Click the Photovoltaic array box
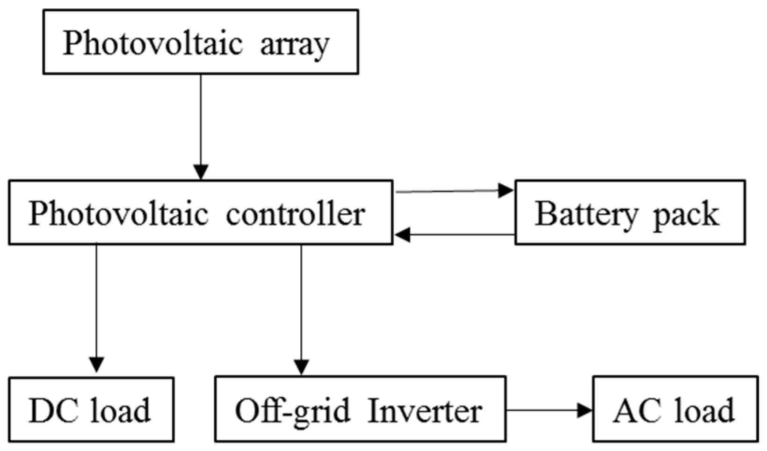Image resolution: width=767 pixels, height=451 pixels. pyautogui.click(x=201, y=42)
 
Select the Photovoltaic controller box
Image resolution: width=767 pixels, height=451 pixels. pyautogui.click(x=200, y=212)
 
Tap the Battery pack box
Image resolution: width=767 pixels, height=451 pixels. pyautogui.click(x=630, y=212)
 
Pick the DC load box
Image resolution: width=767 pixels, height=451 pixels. pyautogui.click(x=91, y=410)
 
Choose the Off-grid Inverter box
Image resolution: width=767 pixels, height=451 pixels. pyautogui.click(x=360, y=410)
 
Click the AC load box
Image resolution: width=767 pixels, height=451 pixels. pyautogui.click(x=675, y=410)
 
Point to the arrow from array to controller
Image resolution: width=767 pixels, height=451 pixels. pyautogui.click(x=201, y=126)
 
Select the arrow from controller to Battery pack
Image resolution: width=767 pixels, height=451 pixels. pyautogui.click(x=454, y=191)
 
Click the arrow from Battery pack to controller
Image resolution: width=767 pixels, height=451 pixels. pyautogui.click(x=454, y=235)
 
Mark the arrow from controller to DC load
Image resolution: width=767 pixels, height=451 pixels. pyautogui.click(x=96, y=309)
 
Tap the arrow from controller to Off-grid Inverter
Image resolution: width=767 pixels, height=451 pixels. pyautogui.click(x=301, y=309)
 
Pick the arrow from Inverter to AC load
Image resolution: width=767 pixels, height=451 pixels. pyautogui.click(x=550, y=410)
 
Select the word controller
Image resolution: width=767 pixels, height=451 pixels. pyautogui.click(x=295, y=214)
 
